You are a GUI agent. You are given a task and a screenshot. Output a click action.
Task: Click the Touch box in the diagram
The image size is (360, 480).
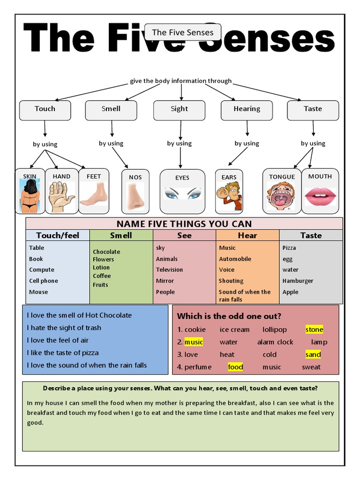[x=45, y=110]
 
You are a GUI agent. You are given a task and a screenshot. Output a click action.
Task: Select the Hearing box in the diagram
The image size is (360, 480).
[x=247, y=110]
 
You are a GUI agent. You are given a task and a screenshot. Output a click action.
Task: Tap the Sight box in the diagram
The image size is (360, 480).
[x=179, y=110]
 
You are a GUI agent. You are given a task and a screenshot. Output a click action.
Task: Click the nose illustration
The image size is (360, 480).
[x=135, y=195]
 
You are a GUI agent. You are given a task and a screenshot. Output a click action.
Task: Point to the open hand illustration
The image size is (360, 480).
[x=61, y=196]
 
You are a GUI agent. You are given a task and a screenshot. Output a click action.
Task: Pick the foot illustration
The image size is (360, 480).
[x=94, y=195]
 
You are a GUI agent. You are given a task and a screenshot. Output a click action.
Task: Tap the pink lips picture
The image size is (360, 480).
[x=320, y=196]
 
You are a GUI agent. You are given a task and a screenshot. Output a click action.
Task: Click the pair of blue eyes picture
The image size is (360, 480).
[x=182, y=193]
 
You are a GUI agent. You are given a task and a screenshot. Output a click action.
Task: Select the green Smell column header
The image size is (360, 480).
[x=121, y=235]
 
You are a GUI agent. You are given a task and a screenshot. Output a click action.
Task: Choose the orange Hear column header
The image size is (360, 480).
[x=247, y=235]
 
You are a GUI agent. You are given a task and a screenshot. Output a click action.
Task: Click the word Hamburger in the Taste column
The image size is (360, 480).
[x=298, y=281]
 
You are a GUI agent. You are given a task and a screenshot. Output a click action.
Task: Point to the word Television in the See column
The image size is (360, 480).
[x=169, y=270]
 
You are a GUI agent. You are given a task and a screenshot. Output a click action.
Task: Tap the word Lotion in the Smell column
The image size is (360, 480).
[x=101, y=267]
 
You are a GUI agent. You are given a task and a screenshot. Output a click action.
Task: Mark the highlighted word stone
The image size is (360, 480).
[x=314, y=330]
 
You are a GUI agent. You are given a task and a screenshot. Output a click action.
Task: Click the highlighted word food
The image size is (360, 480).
[x=235, y=367]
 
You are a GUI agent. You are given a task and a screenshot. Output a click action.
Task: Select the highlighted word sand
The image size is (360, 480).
[x=313, y=354]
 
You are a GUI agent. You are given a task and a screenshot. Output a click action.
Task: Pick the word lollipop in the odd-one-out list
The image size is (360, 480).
[x=275, y=330]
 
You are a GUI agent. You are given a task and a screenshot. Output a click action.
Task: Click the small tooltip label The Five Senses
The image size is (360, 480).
[x=183, y=32]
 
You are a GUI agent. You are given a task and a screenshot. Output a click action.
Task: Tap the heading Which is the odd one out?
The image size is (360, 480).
[x=229, y=316]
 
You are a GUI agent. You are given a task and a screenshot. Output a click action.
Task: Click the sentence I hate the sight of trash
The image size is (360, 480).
[x=64, y=328]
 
